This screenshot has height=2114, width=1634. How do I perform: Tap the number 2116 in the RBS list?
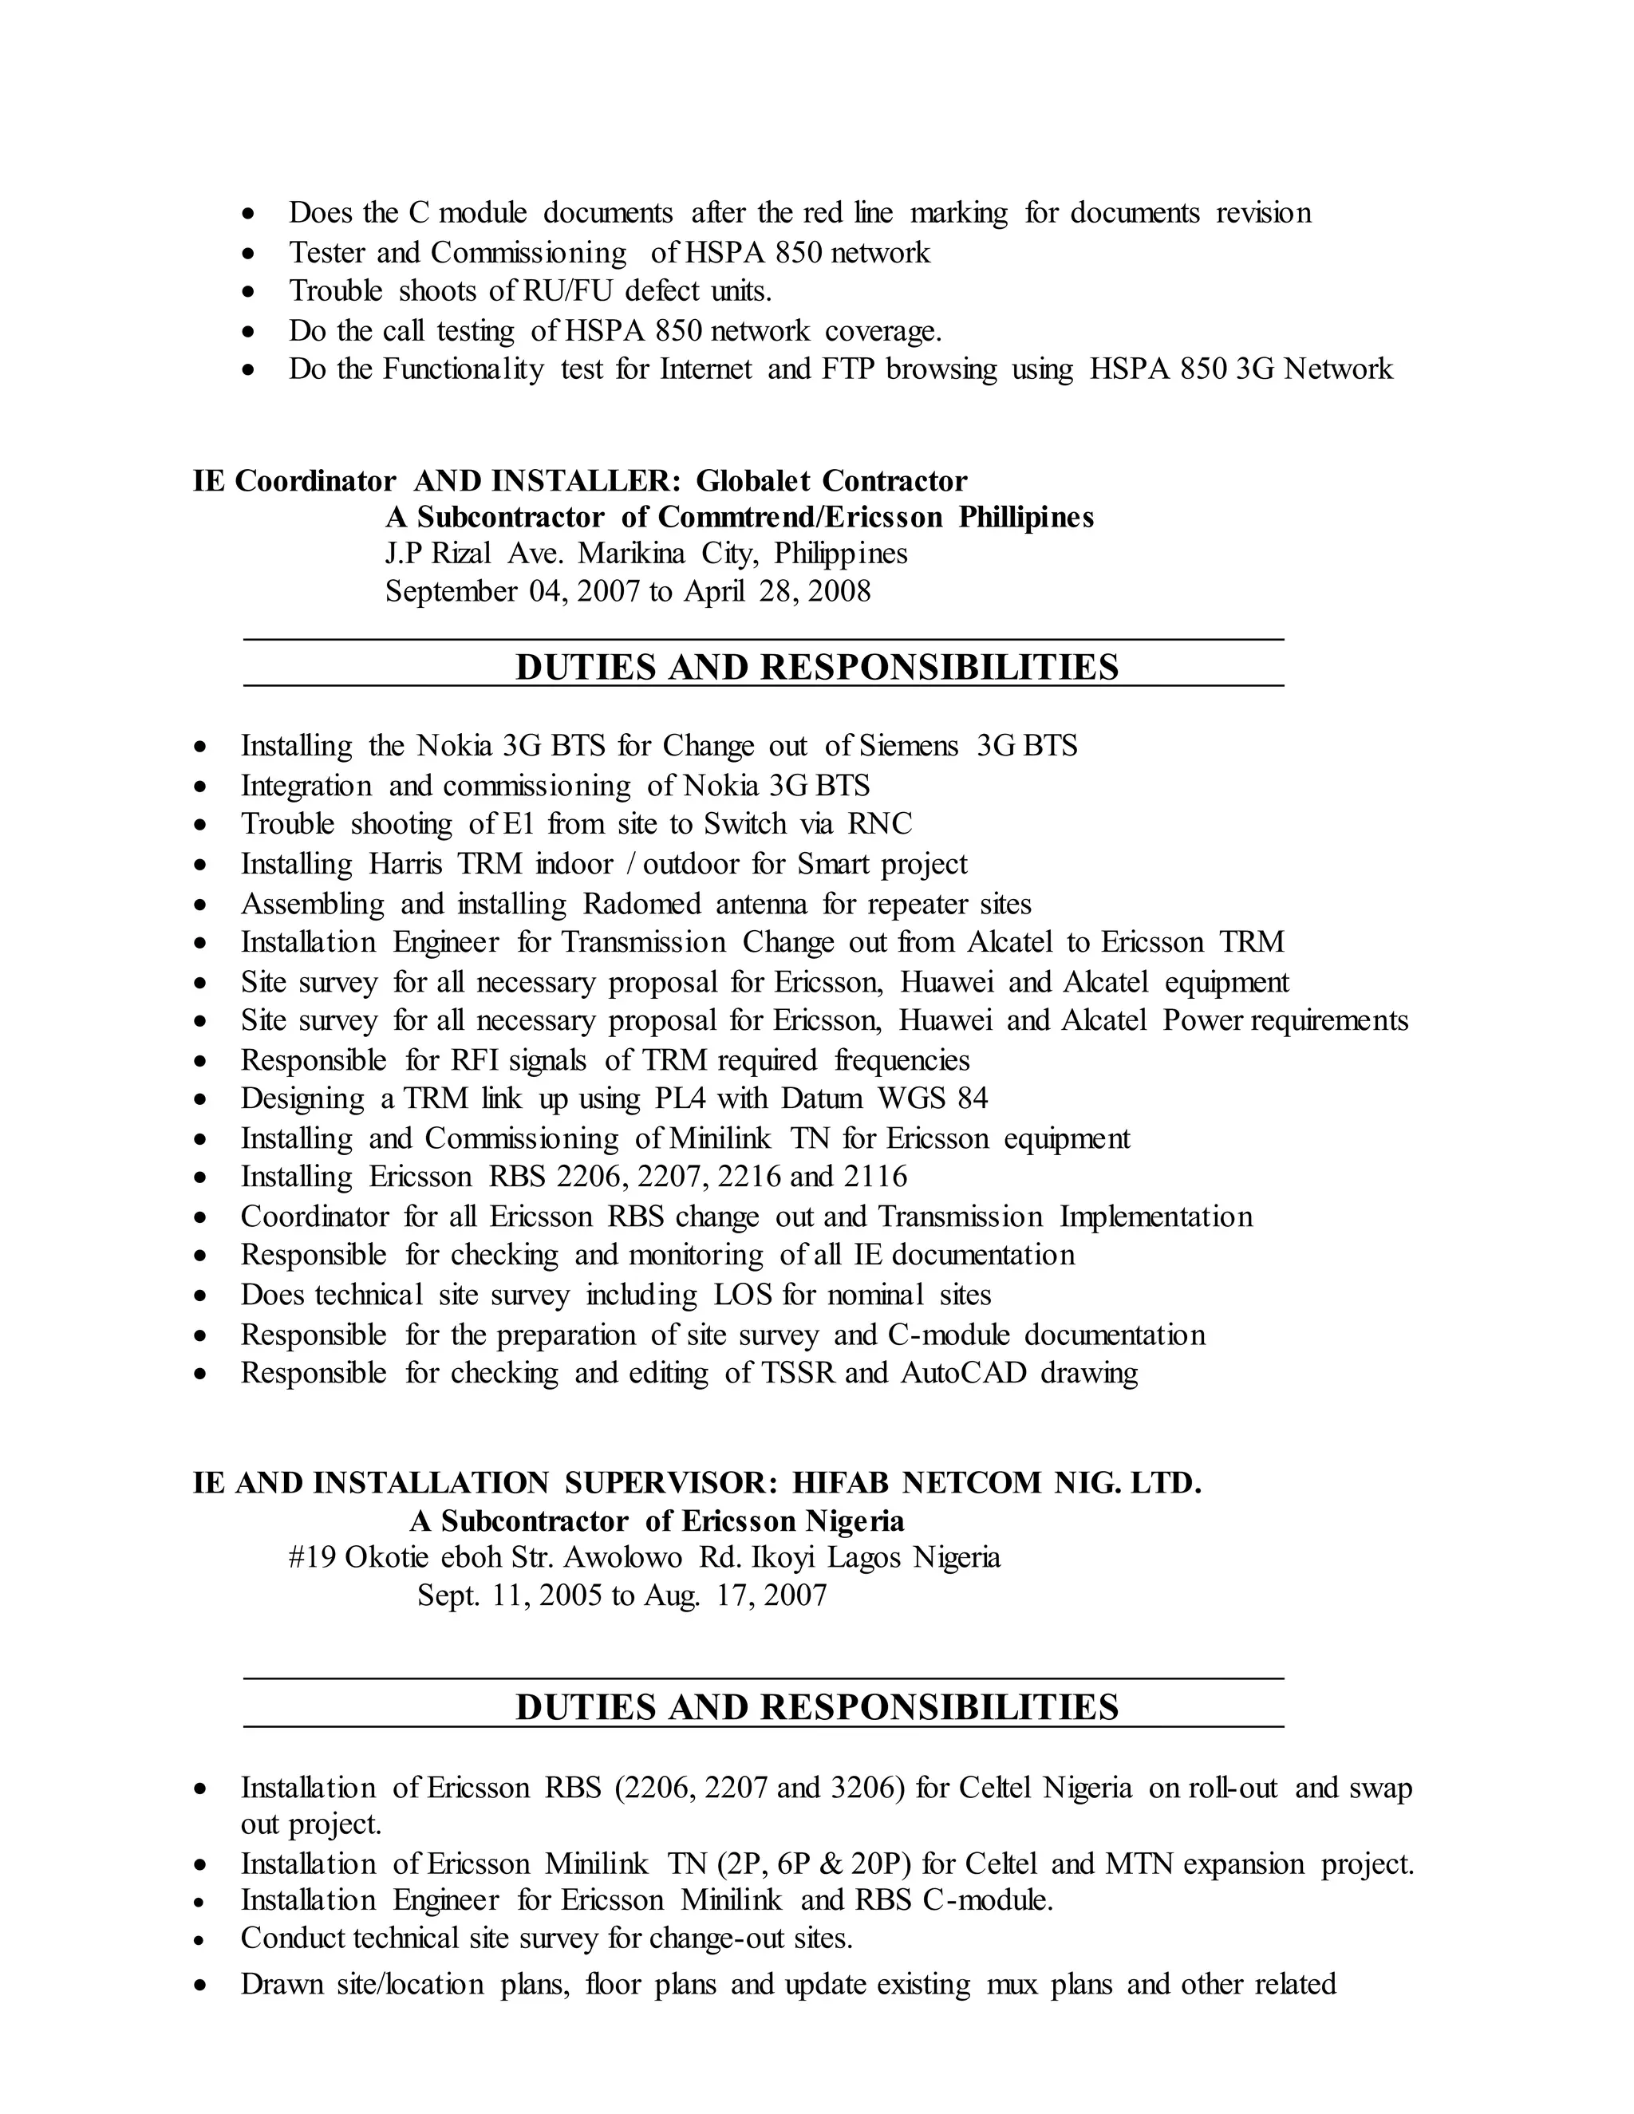point(874,1177)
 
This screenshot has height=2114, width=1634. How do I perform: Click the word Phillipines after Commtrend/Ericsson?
point(1026,518)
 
